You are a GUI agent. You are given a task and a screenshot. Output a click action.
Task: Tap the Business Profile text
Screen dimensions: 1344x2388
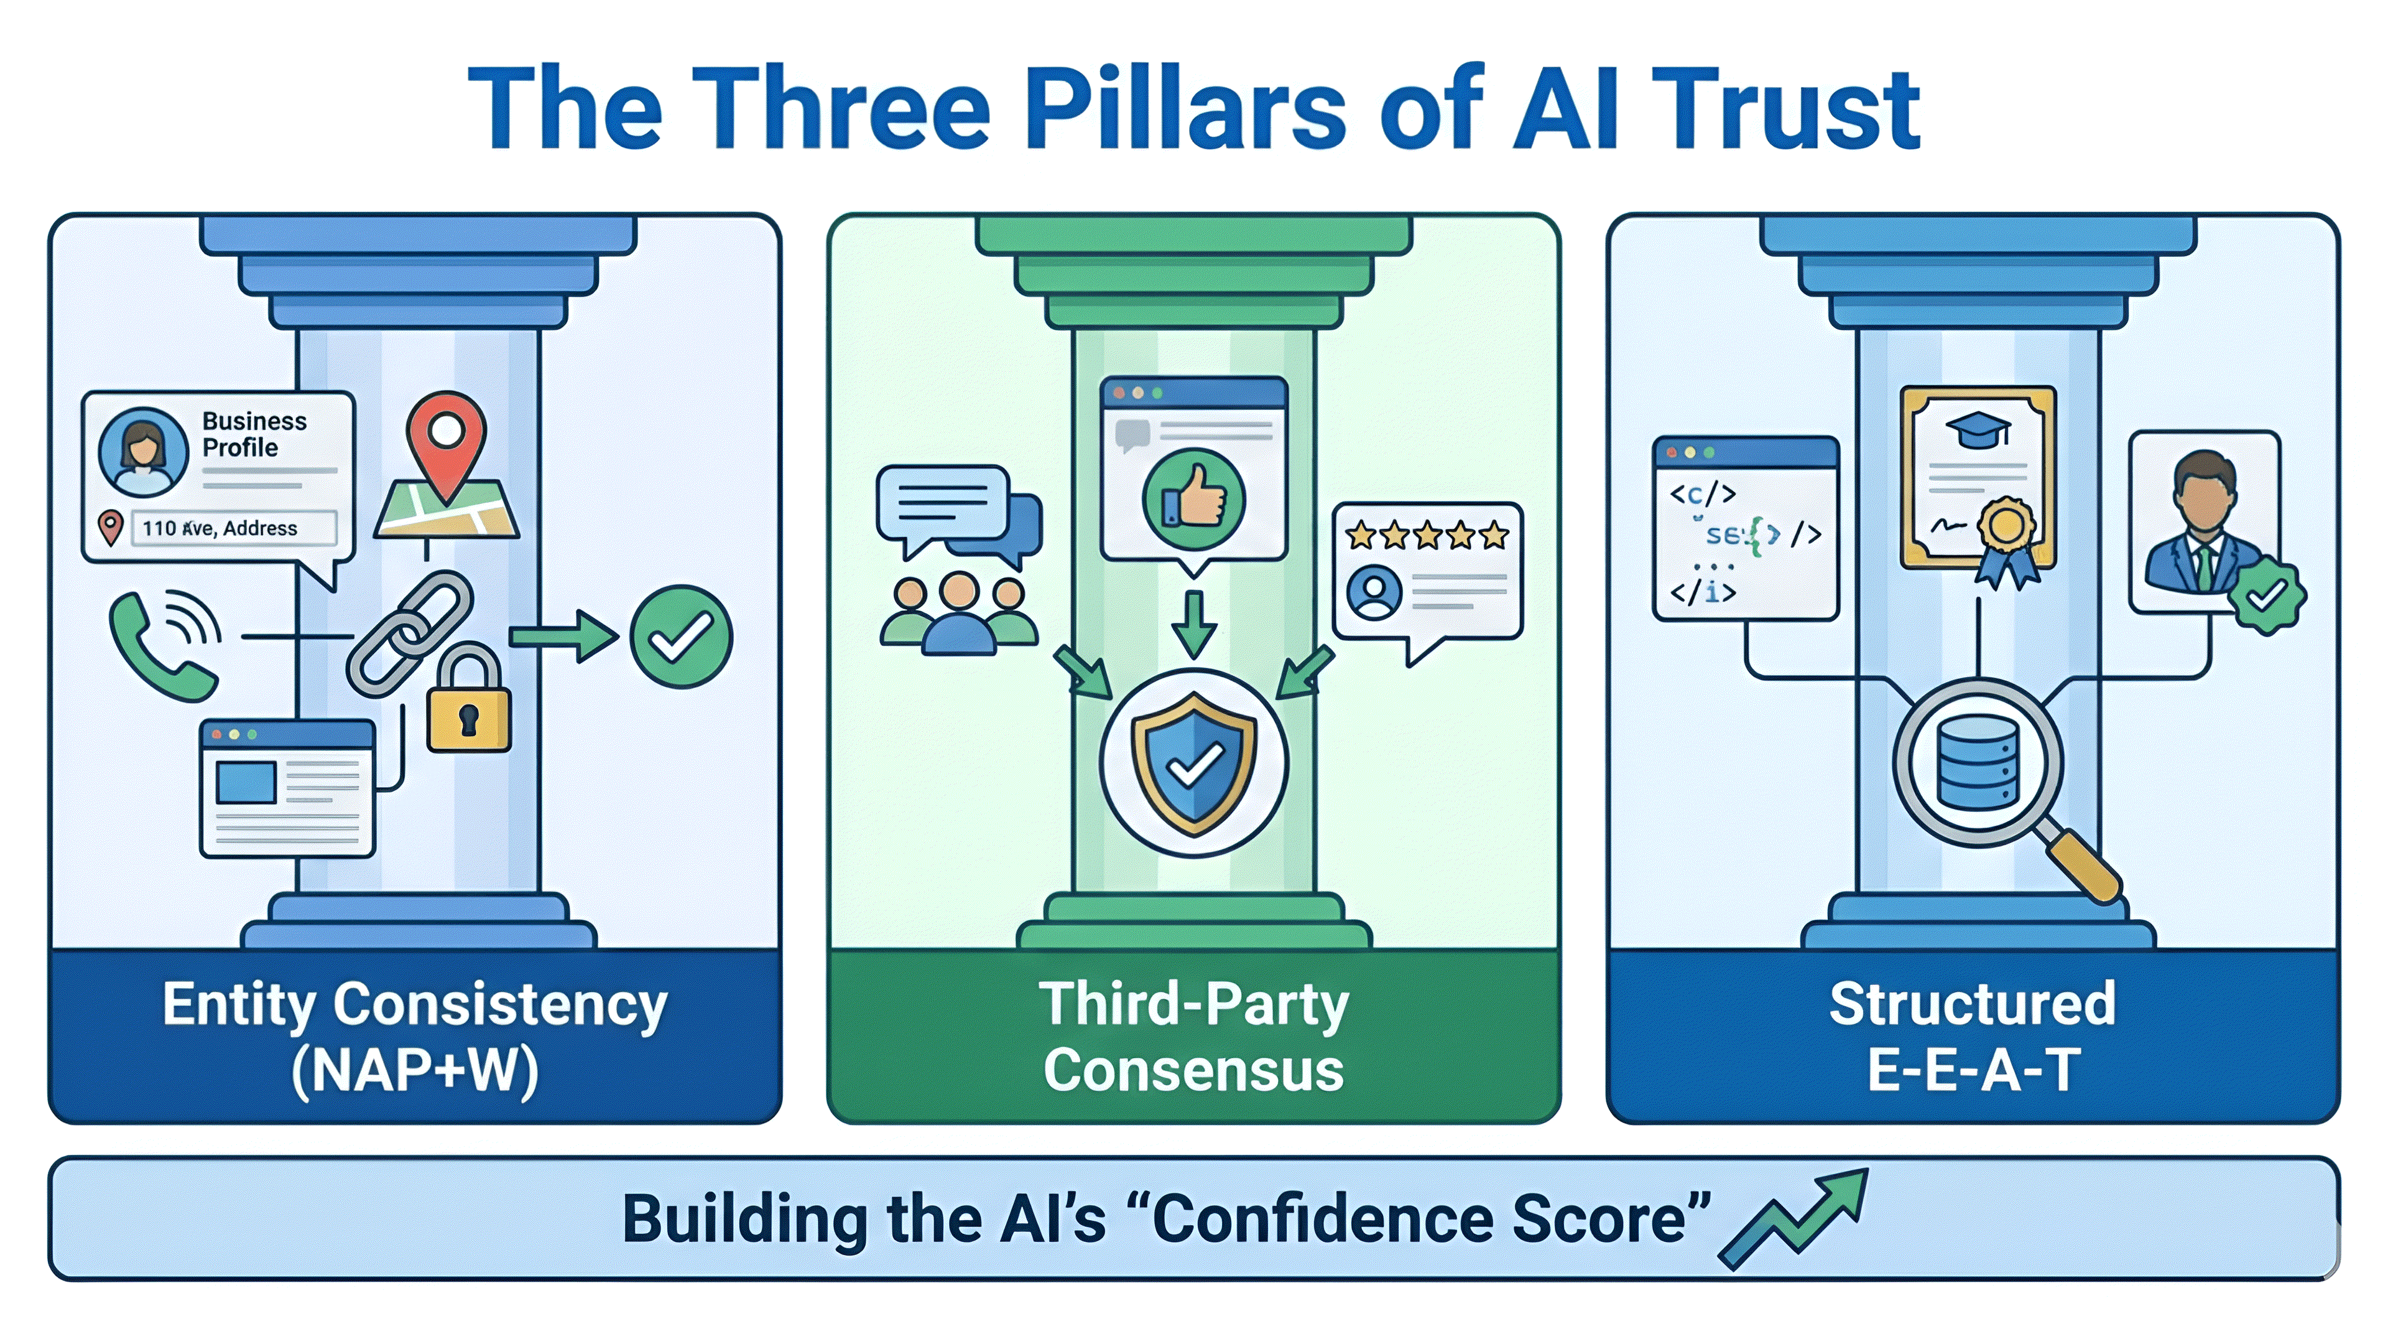click(253, 434)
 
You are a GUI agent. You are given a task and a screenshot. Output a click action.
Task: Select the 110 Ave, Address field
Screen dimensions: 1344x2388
click(232, 528)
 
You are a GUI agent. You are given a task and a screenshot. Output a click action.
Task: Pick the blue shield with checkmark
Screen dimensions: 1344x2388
click(1194, 762)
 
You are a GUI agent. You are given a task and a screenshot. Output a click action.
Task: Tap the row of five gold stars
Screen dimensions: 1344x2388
click(1428, 535)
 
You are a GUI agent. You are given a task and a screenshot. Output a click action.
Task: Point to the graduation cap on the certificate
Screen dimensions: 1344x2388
click(1978, 429)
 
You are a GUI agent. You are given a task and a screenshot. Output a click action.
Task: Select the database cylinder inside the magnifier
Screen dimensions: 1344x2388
click(1978, 762)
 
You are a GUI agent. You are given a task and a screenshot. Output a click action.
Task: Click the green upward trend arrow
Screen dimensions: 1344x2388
click(1793, 1217)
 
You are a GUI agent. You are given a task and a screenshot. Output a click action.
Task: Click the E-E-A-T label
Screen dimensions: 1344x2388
click(1973, 1070)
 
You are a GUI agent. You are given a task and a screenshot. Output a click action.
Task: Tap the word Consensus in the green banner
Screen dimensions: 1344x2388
click(1193, 1070)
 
